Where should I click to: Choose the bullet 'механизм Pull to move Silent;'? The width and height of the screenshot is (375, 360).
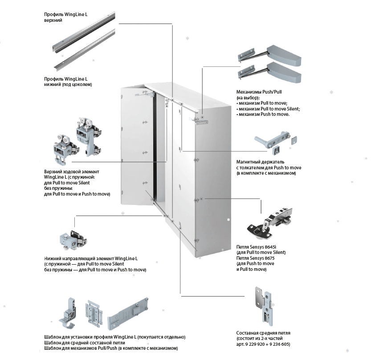(269, 109)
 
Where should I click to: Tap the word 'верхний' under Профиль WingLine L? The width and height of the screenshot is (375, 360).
(53, 21)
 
